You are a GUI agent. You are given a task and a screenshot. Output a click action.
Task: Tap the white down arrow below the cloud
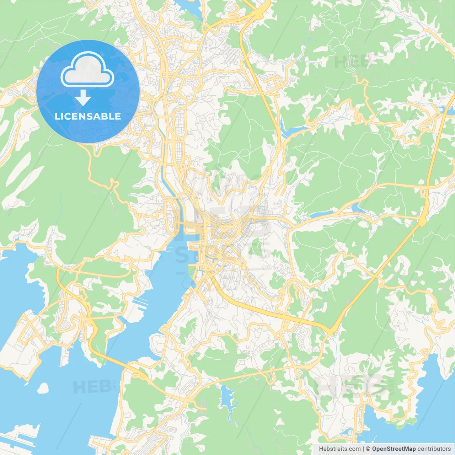[x=82, y=98]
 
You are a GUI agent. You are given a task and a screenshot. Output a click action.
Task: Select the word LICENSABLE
[x=88, y=116]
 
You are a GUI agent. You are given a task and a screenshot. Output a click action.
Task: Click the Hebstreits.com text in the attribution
[x=339, y=449]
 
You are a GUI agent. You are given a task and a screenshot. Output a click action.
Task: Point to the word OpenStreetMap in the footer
[x=394, y=449]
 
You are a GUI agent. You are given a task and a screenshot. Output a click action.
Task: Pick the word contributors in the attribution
[x=434, y=449]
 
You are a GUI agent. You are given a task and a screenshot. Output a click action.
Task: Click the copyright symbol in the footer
[x=368, y=449]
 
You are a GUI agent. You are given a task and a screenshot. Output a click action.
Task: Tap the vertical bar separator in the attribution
[x=363, y=449]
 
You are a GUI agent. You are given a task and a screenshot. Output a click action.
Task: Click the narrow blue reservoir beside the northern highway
[x=293, y=130]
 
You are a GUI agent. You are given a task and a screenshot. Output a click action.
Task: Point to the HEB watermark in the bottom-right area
[x=350, y=386]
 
